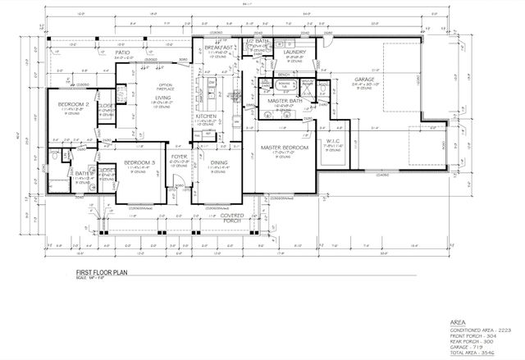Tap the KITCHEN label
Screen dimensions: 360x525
click(x=204, y=116)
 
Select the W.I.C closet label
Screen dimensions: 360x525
click(x=333, y=140)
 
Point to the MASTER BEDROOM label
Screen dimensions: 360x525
click(x=284, y=148)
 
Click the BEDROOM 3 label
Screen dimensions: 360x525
click(x=139, y=163)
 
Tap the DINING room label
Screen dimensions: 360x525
click(x=219, y=163)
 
